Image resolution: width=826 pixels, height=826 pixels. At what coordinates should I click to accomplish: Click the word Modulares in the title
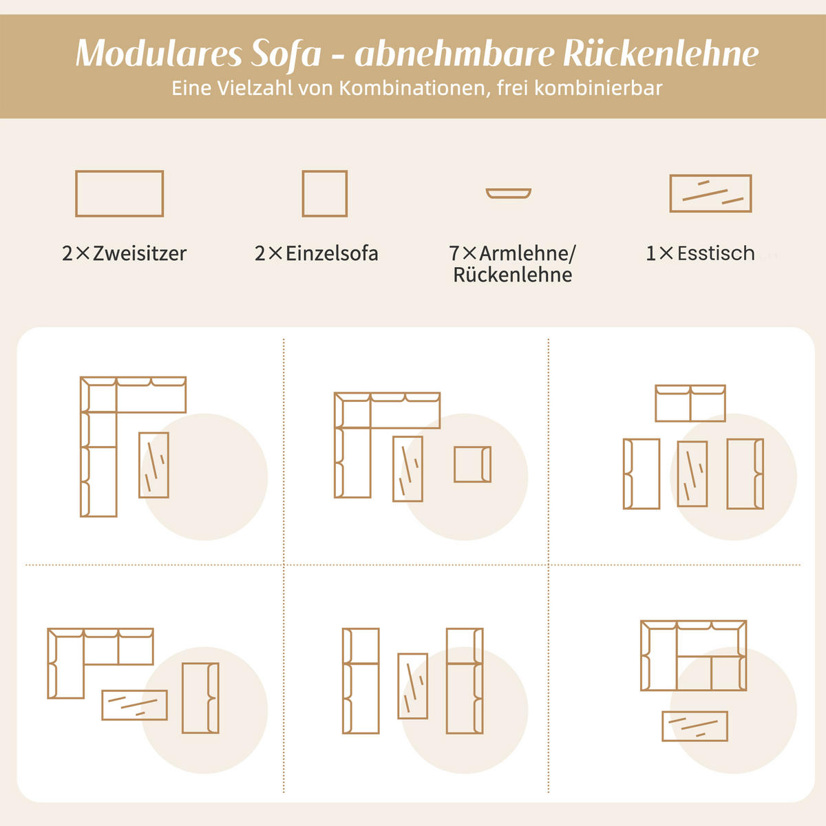tap(158, 54)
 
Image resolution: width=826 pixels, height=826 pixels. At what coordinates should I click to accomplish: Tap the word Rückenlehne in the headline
tap(661, 54)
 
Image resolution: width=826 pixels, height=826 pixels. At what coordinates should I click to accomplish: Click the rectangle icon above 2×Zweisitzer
tap(119, 193)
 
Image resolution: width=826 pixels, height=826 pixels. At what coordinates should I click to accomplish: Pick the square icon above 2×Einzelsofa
tap(324, 193)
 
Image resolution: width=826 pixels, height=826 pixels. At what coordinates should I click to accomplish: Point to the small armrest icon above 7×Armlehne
tap(508, 193)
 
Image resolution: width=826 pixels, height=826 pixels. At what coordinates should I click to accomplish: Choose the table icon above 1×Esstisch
tap(710, 193)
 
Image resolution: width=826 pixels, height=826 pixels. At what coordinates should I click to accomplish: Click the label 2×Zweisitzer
tap(124, 253)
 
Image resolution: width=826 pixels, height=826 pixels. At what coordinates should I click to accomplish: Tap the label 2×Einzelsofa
tap(317, 253)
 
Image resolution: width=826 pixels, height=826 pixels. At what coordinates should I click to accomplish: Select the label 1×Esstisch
tap(700, 253)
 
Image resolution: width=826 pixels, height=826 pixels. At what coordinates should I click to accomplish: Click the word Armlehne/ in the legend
tap(527, 253)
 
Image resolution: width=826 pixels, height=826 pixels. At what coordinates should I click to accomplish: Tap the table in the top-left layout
tap(153, 465)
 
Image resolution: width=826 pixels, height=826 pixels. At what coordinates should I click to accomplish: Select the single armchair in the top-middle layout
tap(472, 464)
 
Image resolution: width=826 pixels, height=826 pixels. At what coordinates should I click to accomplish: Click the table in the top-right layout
tap(692, 474)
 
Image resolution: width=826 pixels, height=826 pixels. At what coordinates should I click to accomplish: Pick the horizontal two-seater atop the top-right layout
tap(690, 403)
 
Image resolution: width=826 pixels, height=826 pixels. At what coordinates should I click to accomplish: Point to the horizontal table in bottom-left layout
tap(134, 705)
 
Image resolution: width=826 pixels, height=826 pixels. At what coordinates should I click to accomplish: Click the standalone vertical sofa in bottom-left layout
tap(200, 698)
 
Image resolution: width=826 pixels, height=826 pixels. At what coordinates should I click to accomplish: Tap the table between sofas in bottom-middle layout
tap(412, 686)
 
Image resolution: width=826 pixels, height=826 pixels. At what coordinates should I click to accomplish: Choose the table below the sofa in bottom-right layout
tap(695, 726)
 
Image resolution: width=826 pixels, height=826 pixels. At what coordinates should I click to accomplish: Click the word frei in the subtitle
tap(511, 89)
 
